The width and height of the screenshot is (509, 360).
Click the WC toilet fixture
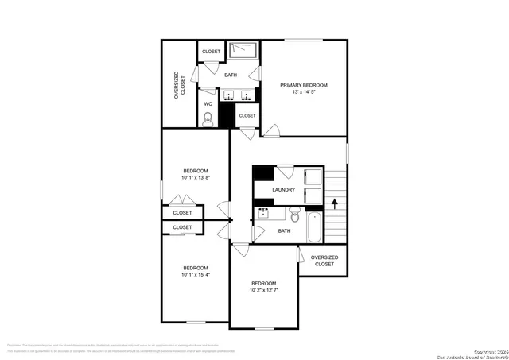tap(208, 119)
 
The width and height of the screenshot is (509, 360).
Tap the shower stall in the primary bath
tap(245, 52)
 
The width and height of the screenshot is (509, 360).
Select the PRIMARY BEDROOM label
tap(303, 85)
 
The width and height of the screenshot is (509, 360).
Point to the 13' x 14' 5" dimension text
tap(303, 93)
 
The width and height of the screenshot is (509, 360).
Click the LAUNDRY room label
tap(283, 190)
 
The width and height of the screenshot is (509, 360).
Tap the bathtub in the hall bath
tap(315, 228)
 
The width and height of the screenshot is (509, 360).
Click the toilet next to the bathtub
tap(294, 217)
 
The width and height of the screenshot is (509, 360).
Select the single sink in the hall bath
tap(262, 213)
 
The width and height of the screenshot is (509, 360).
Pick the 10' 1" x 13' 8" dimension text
tap(196, 178)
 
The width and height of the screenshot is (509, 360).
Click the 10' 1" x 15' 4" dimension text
tap(196, 275)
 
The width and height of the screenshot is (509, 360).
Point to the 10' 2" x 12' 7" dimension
tap(264, 290)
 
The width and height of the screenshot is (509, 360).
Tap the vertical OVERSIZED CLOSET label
tap(181, 86)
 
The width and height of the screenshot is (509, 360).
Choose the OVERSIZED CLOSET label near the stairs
tap(324, 261)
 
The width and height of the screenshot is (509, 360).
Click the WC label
tap(208, 103)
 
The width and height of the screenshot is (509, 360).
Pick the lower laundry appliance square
tap(311, 195)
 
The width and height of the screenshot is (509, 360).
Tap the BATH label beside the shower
tap(231, 75)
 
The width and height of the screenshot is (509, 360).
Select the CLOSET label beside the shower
tap(211, 52)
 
